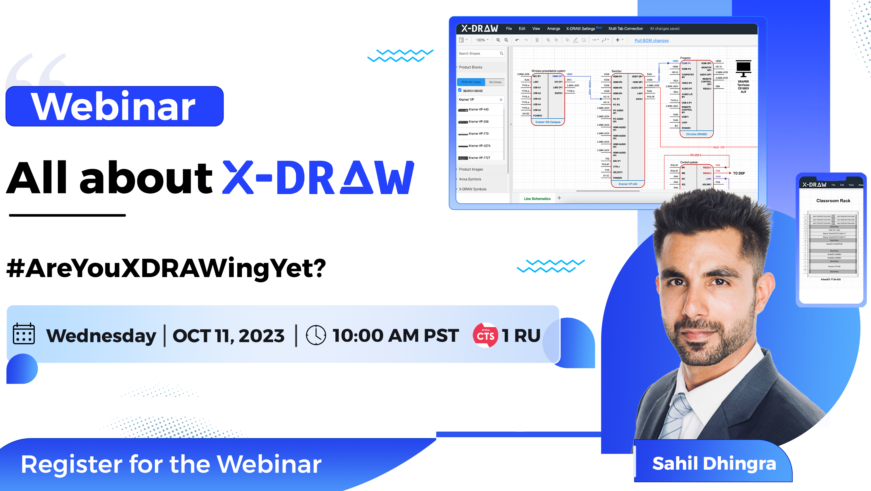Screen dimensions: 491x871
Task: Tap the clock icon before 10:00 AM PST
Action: pyautogui.click(x=316, y=335)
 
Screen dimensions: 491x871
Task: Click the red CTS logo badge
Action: pyautogui.click(x=485, y=335)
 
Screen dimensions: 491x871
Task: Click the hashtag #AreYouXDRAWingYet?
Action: pyautogui.click(x=166, y=269)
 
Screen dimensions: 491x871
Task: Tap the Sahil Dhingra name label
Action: pyautogui.click(x=714, y=463)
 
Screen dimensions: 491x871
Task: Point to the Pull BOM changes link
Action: pyautogui.click(x=651, y=41)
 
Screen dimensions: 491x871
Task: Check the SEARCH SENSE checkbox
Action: pyautogui.click(x=460, y=90)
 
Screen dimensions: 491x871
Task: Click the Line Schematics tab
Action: pyautogui.click(x=537, y=199)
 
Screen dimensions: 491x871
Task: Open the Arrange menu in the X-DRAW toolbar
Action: pyautogui.click(x=553, y=29)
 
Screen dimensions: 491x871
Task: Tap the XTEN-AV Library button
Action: pyautogui.click(x=471, y=82)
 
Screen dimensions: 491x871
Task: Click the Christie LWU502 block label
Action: pyautogui.click(x=696, y=134)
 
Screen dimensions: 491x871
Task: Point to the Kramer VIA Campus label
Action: pyautogui.click(x=548, y=122)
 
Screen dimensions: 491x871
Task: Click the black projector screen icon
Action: pyautogui.click(x=743, y=69)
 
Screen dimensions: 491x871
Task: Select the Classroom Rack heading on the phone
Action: pyautogui.click(x=833, y=201)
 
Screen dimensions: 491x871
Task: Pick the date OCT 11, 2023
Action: pyautogui.click(x=228, y=336)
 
